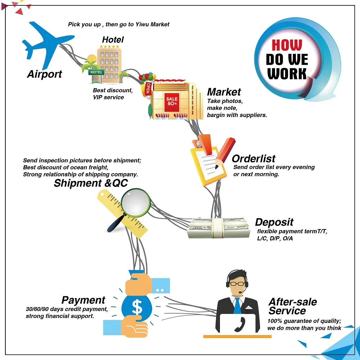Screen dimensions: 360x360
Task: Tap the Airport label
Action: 45,75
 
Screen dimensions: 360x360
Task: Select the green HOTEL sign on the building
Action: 96,72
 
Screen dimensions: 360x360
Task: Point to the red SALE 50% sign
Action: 172,101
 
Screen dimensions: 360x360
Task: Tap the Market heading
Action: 224,92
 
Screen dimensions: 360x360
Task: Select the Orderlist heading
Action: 253,158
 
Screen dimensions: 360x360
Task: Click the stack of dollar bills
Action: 219,228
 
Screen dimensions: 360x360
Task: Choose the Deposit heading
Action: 274,222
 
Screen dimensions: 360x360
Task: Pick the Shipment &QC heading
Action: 90,183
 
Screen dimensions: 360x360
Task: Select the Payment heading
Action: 83,300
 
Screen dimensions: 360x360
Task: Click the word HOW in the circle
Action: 287,45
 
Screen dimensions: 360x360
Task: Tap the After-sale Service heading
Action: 292,306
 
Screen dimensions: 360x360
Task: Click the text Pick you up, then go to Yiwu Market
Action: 118,24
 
